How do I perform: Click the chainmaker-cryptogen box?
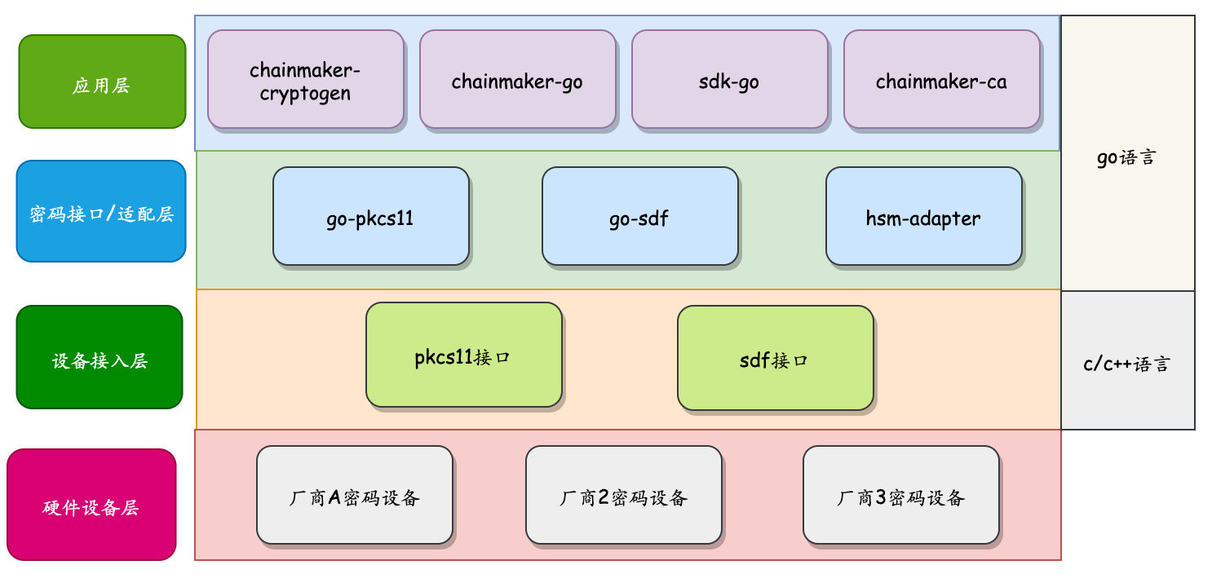(x=306, y=80)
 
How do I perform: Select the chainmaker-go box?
(x=517, y=80)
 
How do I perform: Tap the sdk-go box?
(x=729, y=80)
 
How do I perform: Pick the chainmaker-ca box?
(x=941, y=80)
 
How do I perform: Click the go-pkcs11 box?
(x=370, y=217)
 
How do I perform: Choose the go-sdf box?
(x=639, y=217)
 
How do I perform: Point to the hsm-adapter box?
(x=923, y=217)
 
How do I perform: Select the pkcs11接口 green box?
(x=463, y=355)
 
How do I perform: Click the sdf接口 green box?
(x=775, y=359)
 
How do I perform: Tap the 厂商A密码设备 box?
(x=354, y=496)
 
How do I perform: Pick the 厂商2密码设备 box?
(x=623, y=496)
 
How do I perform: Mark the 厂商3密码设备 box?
(x=900, y=496)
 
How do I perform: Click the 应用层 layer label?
(x=102, y=82)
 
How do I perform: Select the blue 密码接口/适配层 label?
(x=101, y=212)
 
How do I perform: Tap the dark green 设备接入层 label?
(x=100, y=358)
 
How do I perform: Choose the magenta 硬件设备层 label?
(x=91, y=505)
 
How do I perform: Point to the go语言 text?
(x=1126, y=157)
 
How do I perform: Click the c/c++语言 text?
(x=1126, y=363)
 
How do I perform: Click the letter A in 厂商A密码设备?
(x=334, y=497)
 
